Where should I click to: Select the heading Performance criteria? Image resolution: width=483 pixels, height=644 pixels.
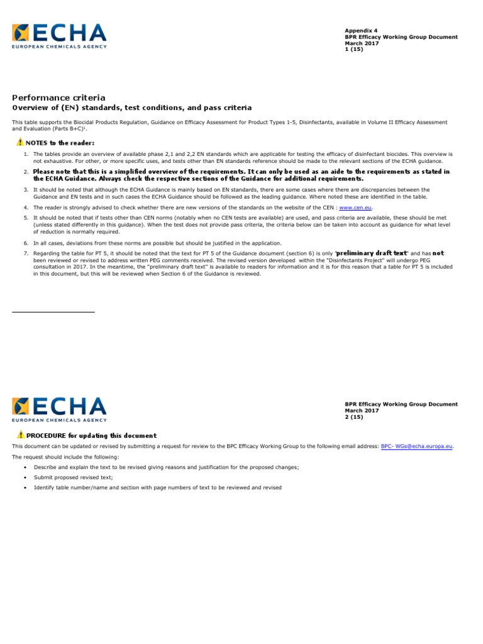point(59,97)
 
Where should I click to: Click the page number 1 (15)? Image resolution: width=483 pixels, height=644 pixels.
point(353,49)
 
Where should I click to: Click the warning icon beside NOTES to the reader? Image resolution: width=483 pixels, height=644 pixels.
point(20,143)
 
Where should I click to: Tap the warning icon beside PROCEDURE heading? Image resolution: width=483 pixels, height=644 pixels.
point(21,435)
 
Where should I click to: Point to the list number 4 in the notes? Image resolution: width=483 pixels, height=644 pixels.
point(26,207)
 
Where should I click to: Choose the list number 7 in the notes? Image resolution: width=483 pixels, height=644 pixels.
point(26,253)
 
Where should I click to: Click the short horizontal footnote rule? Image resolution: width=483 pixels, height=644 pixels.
point(53,311)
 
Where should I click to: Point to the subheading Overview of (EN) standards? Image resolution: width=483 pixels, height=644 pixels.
point(132,108)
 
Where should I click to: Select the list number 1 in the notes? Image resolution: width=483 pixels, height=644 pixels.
point(26,154)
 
